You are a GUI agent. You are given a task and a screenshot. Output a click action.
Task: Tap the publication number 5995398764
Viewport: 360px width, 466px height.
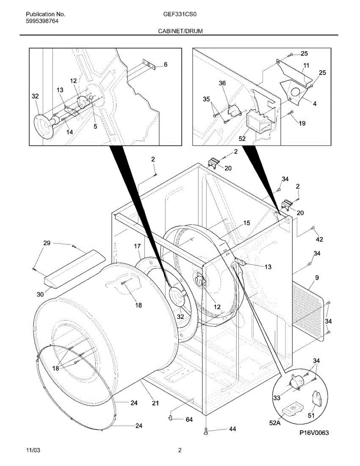43,21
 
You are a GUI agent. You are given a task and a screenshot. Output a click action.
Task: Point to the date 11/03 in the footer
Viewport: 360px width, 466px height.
33,450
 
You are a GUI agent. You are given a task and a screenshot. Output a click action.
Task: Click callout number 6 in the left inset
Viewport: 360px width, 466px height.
165,65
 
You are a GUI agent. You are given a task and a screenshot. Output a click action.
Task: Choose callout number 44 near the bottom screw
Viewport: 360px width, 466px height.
232,429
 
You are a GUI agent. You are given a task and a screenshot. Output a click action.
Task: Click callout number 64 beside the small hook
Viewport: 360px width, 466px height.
189,419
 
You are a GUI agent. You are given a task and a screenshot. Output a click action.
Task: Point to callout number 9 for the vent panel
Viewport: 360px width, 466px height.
317,278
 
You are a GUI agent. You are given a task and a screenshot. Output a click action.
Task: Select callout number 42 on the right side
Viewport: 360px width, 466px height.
319,240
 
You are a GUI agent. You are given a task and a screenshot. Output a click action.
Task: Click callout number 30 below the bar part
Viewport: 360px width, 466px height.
40,294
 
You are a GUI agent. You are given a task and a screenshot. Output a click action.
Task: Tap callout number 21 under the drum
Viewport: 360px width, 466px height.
155,403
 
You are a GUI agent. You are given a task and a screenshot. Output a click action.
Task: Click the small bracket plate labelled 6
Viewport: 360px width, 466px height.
148,64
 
